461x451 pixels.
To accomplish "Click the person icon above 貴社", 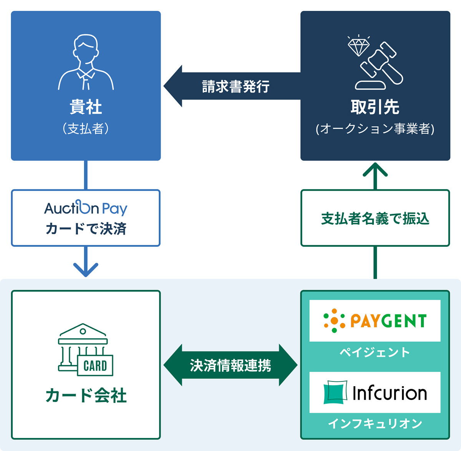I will [x=86, y=62].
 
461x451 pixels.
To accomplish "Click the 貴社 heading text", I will [x=86, y=107].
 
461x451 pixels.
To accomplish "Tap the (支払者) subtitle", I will [x=86, y=129].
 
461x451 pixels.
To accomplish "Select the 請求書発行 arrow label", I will [x=235, y=86].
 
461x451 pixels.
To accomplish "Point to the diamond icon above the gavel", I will [x=358, y=45].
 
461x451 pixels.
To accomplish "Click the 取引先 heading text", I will [x=375, y=107].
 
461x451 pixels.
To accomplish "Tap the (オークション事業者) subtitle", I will [x=375, y=129].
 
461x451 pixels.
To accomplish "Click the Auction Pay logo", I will [x=86, y=208].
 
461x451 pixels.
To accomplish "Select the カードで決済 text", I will [x=86, y=229].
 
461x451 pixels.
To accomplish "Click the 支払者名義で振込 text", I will [x=375, y=218].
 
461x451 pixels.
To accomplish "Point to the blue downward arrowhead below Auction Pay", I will [x=86, y=269].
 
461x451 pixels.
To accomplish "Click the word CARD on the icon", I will [x=95, y=366].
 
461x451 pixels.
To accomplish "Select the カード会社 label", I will [x=86, y=396].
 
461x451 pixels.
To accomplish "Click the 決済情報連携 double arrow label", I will [x=230, y=365].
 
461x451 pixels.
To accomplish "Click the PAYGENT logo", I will [x=375, y=320].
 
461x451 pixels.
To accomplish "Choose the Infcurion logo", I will [x=375, y=393].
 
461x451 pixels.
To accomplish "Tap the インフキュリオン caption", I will [x=375, y=424].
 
